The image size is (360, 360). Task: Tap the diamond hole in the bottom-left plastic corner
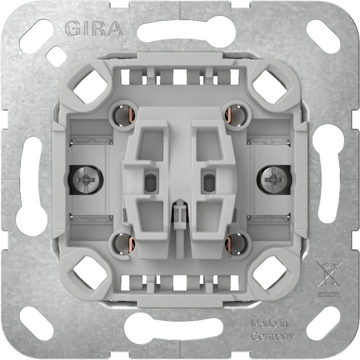click(90, 273)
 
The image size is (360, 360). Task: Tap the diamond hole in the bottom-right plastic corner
click(269, 273)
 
